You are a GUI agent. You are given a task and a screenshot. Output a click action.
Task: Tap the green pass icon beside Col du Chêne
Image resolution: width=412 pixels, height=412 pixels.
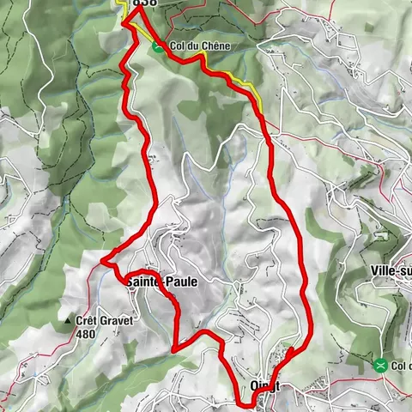click(x=158, y=47)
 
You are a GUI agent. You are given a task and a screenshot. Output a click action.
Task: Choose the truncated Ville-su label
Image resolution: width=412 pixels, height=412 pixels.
click(x=390, y=270)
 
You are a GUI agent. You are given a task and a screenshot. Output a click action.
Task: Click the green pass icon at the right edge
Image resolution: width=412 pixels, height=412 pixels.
click(x=380, y=365)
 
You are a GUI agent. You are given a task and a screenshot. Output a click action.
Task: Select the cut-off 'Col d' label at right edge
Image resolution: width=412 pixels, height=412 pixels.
click(x=401, y=366)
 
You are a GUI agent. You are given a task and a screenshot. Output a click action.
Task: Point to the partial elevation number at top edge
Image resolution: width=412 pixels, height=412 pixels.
click(x=146, y=3)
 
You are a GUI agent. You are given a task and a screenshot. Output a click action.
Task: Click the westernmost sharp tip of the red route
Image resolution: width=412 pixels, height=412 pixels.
click(x=102, y=260)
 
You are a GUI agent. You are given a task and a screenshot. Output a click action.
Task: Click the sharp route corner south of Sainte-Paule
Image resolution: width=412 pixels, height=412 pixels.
click(x=174, y=349)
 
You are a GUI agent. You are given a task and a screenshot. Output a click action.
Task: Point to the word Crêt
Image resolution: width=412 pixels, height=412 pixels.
click(x=90, y=321)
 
